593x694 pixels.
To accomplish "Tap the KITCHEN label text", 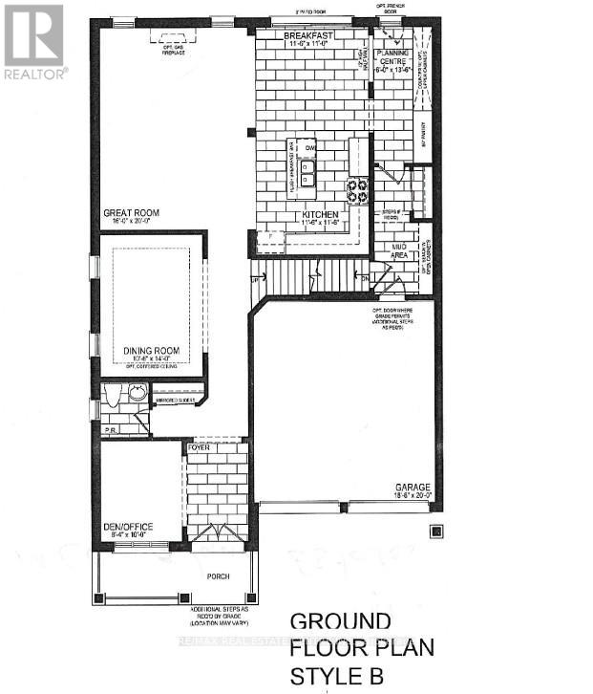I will point(322,216).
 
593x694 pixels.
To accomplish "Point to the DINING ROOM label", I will point(152,352).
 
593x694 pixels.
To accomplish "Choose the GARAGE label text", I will point(413,485).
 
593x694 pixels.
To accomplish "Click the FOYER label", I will point(199,445).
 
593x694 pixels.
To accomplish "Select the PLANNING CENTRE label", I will point(392,57).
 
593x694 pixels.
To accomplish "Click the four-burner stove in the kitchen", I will point(357,191).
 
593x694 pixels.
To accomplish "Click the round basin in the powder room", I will point(138,391).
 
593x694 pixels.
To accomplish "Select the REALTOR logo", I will point(33,42).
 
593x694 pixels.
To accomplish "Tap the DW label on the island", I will point(310,149).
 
